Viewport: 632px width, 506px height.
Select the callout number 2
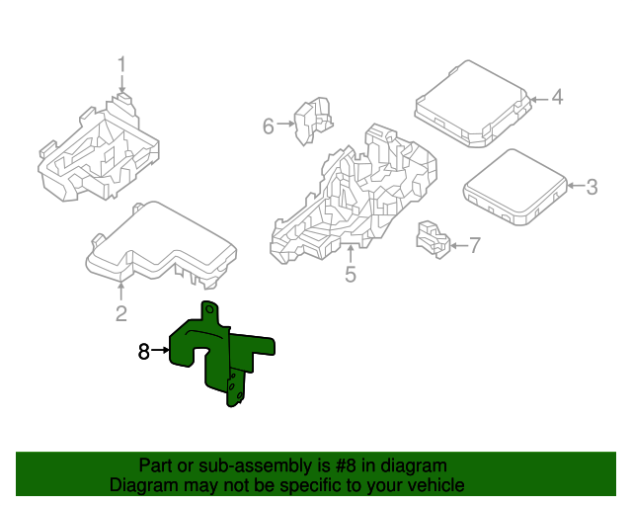(x=120, y=314)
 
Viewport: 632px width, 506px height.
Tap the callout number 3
(x=592, y=186)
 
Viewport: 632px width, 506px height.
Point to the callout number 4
(x=557, y=98)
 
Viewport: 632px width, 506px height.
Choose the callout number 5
(x=350, y=274)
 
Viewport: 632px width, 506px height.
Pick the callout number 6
(x=268, y=126)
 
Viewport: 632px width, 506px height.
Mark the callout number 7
(x=474, y=245)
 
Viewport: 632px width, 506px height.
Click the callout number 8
(x=143, y=351)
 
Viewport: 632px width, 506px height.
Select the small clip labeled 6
(x=315, y=118)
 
